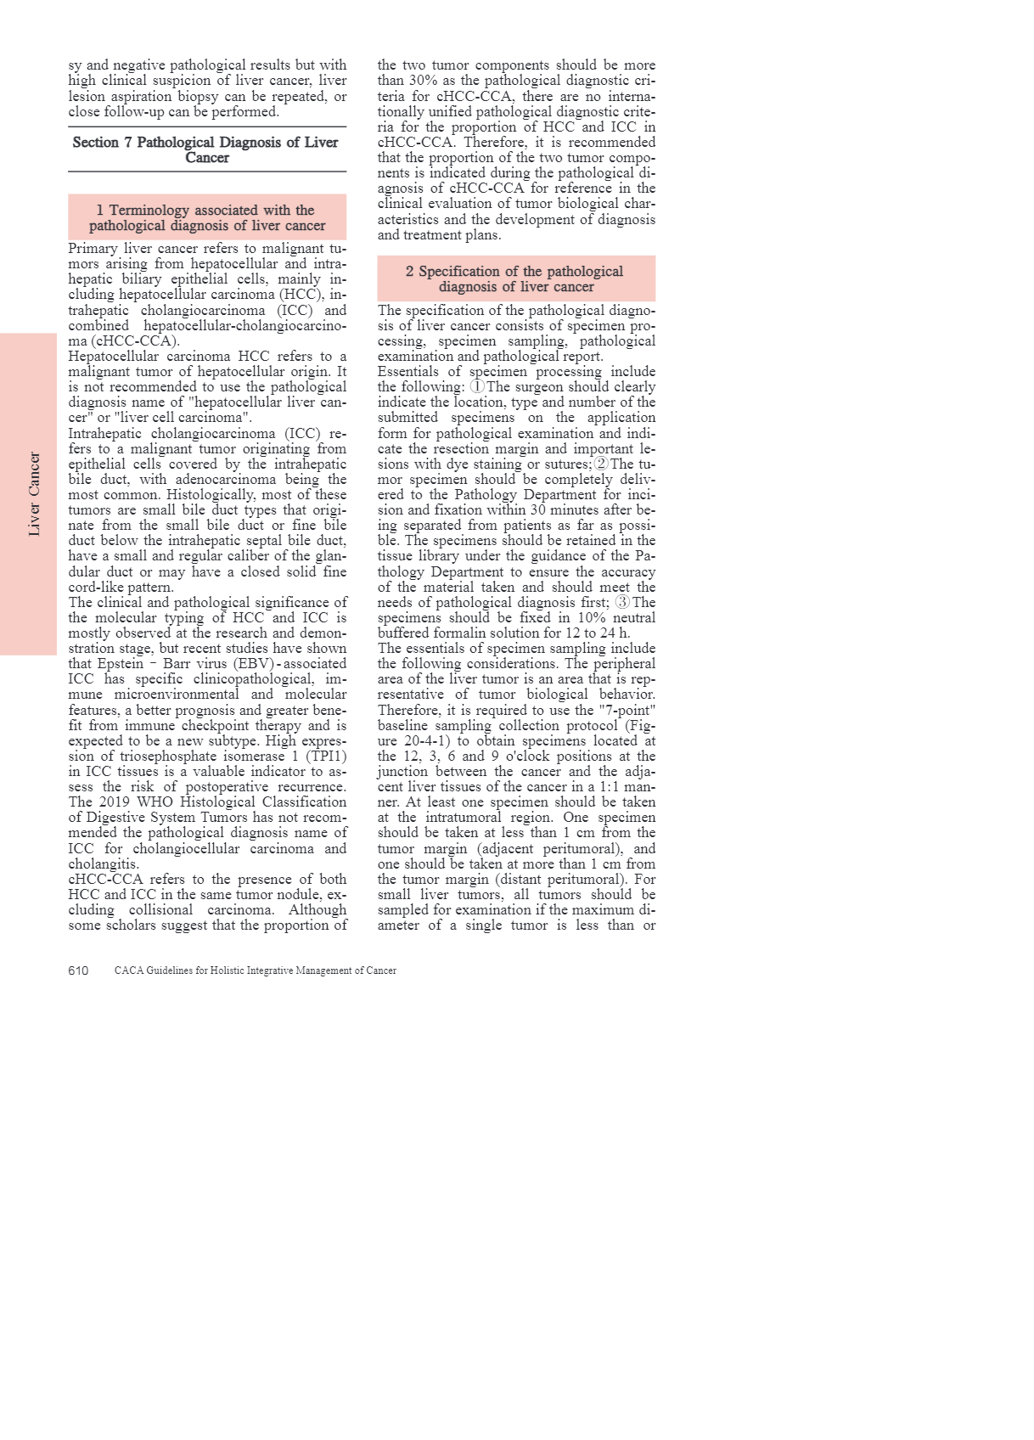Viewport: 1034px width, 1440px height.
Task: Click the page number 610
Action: click(78, 970)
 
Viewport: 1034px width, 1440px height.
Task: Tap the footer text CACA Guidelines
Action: click(256, 970)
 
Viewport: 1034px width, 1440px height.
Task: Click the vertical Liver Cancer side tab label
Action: click(34, 494)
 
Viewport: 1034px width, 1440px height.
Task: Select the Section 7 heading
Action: click(206, 149)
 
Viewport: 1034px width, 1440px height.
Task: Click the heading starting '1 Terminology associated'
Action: click(206, 217)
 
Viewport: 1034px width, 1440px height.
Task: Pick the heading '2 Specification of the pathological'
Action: click(515, 278)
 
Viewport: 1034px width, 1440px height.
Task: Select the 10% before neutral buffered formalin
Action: click(578, 617)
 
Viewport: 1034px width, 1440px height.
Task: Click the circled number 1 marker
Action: click(478, 386)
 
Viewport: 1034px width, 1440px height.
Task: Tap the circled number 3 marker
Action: click(622, 602)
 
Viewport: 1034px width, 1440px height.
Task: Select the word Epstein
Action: click(121, 664)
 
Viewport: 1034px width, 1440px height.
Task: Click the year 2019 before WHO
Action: click(115, 802)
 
